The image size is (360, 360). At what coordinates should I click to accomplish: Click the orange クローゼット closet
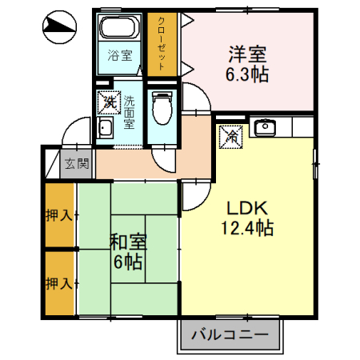(162, 44)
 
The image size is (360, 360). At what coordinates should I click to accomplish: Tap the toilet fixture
(162, 106)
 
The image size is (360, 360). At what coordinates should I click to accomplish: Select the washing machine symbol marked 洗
(107, 102)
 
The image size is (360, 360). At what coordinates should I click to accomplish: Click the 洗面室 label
(129, 114)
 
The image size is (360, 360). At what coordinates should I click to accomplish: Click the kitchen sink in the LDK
(265, 126)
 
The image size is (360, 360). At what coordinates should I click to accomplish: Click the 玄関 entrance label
(77, 166)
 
